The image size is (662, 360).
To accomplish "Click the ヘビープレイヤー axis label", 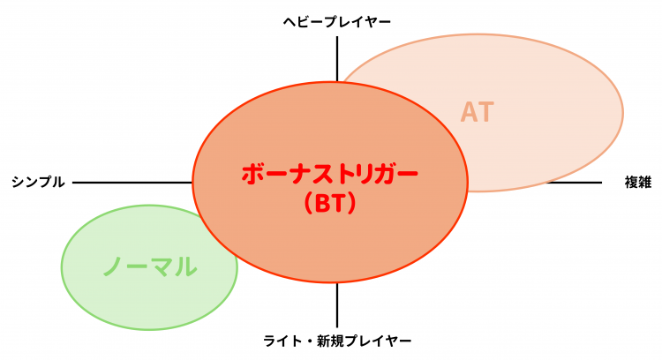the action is [337, 22].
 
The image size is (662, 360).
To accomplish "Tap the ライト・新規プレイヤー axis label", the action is [337, 341].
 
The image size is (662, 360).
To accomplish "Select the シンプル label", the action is [39, 182].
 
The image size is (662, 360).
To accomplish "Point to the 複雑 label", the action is [638, 182].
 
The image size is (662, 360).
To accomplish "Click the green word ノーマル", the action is [150, 266].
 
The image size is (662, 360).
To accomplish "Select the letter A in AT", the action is [469, 112].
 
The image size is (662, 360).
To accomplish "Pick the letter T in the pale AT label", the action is [486, 112].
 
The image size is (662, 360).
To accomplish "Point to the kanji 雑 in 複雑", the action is [645, 182].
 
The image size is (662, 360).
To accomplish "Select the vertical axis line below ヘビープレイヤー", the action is [337, 58].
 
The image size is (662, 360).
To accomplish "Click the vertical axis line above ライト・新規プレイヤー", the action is [337, 305].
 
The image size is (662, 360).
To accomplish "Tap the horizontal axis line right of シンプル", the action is [132, 183].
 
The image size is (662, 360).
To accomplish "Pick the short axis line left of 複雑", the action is [575, 183].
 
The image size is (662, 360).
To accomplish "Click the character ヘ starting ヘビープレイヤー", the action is [290, 22].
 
